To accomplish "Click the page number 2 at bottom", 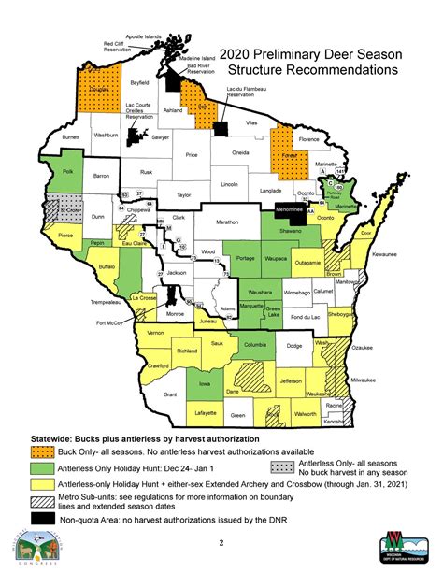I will coord(220,542).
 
